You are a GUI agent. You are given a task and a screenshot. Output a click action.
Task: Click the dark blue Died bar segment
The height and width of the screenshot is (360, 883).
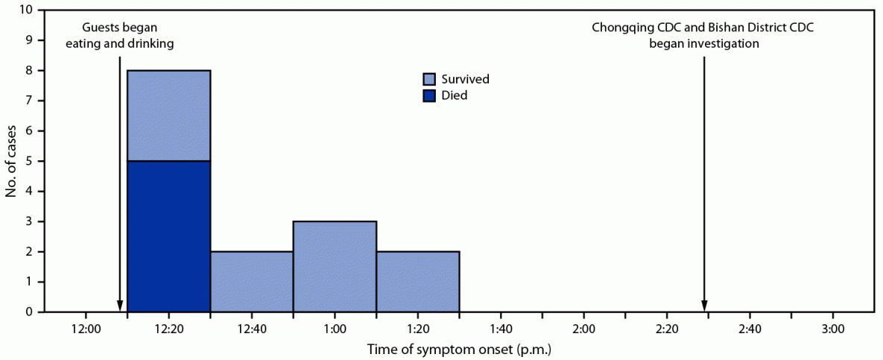tap(169, 236)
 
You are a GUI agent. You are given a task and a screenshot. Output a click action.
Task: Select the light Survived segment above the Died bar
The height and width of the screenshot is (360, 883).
tap(169, 116)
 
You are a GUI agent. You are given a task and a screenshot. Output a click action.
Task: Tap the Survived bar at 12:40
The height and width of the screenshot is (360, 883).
tap(252, 281)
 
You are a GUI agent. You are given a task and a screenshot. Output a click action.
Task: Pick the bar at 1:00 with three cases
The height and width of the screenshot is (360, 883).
tap(335, 266)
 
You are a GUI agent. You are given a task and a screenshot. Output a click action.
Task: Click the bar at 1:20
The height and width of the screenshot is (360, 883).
tap(417, 281)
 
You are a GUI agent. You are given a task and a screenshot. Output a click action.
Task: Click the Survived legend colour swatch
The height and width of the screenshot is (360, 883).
tap(429, 79)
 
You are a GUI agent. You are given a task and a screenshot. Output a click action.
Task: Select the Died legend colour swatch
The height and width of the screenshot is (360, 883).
tap(429, 95)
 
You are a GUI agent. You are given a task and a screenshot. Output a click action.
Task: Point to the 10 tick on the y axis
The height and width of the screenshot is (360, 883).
tap(28, 10)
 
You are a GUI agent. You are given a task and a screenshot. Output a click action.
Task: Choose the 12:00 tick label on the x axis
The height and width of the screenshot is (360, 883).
tap(86, 329)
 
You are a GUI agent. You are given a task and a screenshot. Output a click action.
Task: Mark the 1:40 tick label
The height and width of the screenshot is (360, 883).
tap(501, 329)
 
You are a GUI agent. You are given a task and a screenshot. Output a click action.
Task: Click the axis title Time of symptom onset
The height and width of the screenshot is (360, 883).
tap(459, 348)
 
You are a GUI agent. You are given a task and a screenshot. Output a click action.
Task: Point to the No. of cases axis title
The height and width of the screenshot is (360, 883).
tap(10, 161)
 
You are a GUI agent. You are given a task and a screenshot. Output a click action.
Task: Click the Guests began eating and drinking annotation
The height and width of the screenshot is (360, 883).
tap(119, 36)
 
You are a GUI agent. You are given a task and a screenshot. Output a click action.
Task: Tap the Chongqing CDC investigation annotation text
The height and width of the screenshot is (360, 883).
tap(703, 36)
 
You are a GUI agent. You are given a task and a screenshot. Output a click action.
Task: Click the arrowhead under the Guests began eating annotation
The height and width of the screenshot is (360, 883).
tap(120, 306)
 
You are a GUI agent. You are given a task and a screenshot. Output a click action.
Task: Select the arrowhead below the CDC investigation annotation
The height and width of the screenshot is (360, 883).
tap(704, 306)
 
